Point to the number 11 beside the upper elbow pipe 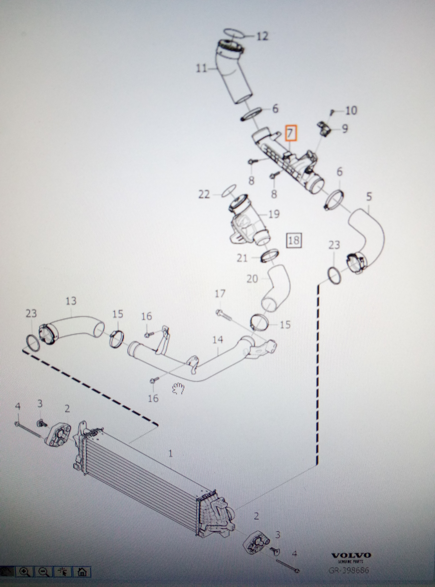(202, 69)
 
